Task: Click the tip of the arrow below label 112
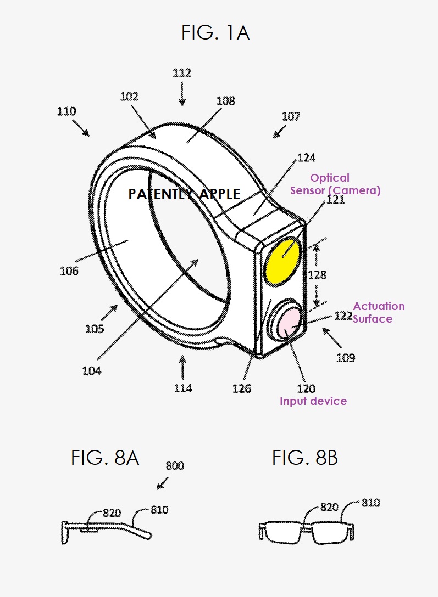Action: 182,105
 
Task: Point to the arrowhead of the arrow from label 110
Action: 89,136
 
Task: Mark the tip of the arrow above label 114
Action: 182,356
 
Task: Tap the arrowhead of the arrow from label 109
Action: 323,328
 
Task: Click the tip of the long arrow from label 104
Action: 198,260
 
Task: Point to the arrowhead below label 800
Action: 158,489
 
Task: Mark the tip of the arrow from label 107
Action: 274,137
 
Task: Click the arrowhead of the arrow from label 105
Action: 117,305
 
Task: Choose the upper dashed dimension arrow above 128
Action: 317,255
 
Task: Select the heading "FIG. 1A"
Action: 215,32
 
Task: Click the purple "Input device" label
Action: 313,401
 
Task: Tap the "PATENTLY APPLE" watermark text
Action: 184,194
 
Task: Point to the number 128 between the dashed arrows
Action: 317,274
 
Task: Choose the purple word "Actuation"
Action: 379,306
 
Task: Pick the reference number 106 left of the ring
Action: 69,271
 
